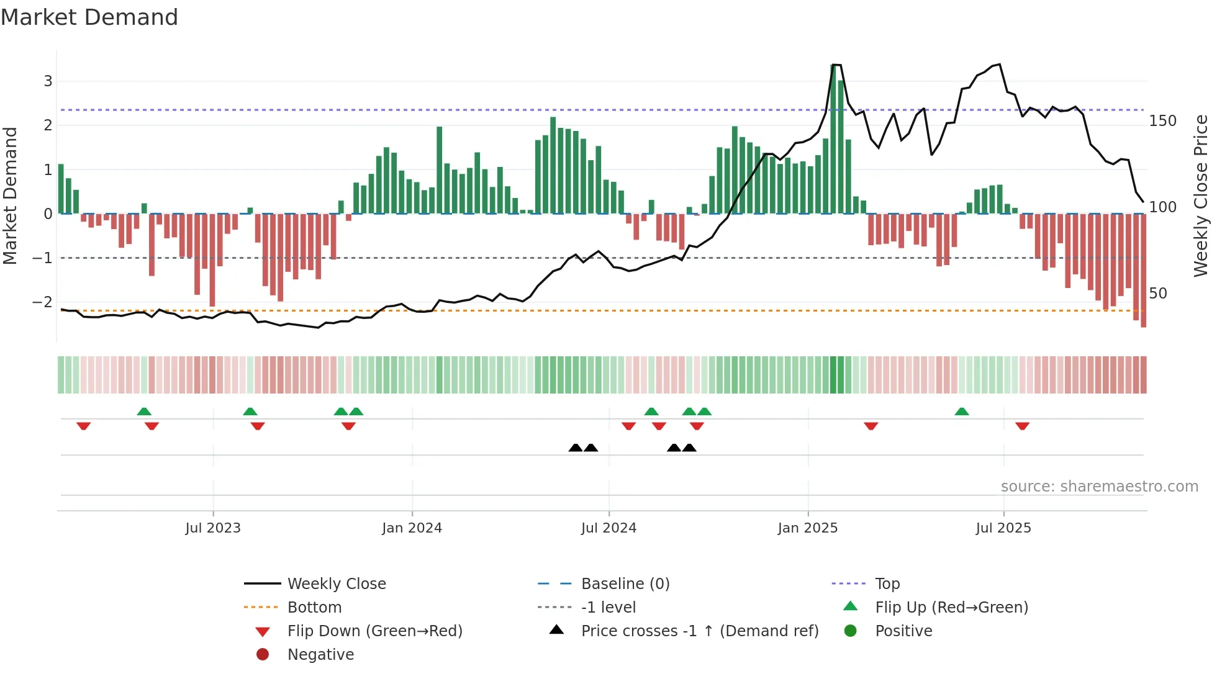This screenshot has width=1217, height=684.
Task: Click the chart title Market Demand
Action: [x=89, y=17]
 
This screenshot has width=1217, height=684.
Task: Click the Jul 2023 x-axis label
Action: [x=212, y=528]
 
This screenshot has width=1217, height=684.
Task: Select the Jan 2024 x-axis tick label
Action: [x=412, y=528]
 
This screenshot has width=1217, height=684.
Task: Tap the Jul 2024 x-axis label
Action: [x=608, y=528]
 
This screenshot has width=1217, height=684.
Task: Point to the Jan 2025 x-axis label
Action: [x=807, y=528]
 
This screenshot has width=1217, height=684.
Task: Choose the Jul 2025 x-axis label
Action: [x=1003, y=528]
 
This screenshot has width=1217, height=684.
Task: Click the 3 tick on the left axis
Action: [x=48, y=81]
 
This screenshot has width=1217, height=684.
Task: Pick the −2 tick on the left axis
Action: [x=43, y=302]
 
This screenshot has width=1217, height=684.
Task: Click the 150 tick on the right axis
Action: [x=1162, y=121]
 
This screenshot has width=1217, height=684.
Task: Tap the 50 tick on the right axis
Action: [x=1158, y=293]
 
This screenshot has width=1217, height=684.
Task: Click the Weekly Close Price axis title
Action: [x=1201, y=196]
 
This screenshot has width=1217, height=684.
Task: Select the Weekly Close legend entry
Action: [x=336, y=584]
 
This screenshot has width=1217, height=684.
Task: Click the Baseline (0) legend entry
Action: [x=625, y=584]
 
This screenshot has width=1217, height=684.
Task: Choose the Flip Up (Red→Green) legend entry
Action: [x=951, y=608]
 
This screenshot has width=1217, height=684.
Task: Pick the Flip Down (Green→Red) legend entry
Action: [x=374, y=631]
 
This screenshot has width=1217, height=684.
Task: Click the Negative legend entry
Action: [x=320, y=655]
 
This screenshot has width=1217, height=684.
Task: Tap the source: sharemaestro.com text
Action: [x=1099, y=487]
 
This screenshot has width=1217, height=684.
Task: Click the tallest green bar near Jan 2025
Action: [x=833, y=140]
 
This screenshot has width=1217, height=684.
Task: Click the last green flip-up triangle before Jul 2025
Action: [x=961, y=412]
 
